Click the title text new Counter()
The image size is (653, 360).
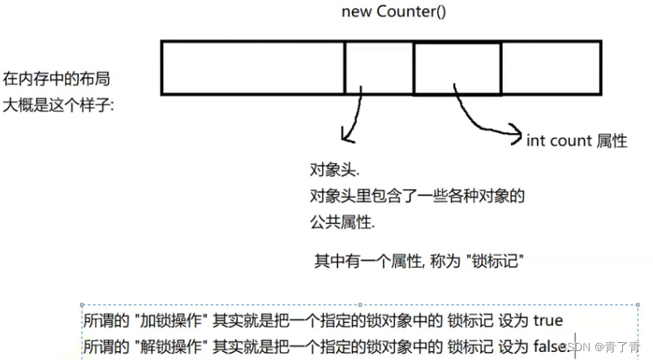tap(380, 12)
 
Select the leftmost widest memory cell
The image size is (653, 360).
tap(253, 67)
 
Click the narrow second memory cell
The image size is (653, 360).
tap(379, 67)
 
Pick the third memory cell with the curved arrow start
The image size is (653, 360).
tap(457, 67)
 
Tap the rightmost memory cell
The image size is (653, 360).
tap(551, 67)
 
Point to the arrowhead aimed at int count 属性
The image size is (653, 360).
tap(515, 130)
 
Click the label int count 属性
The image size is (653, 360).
tap(577, 140)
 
